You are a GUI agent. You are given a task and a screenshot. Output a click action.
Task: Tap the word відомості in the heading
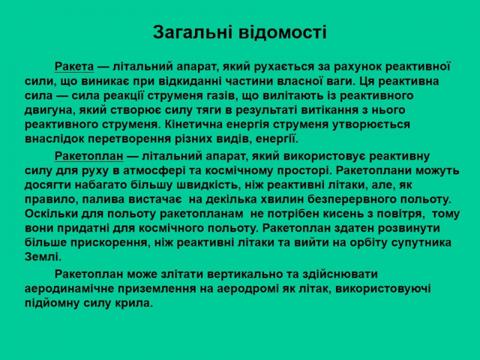pos(283,32)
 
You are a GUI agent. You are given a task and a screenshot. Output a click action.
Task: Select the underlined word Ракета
pos(74,67)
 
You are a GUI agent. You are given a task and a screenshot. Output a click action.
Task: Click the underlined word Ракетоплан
pos(89,156)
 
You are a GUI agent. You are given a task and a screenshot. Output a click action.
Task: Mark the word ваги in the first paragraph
pos(342,81)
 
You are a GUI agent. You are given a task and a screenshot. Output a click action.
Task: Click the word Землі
pos(43,257)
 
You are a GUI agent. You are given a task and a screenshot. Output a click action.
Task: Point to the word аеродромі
pos(247,289)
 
